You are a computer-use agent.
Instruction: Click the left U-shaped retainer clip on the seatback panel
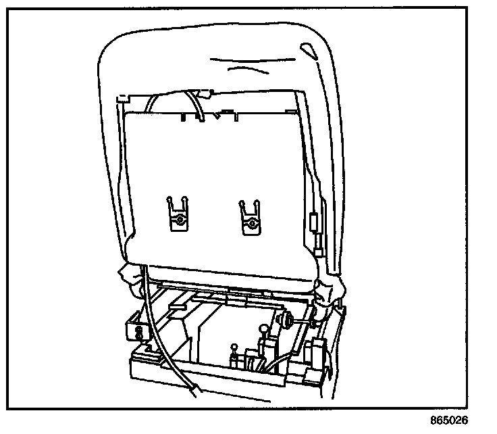[x=177, y=215]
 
